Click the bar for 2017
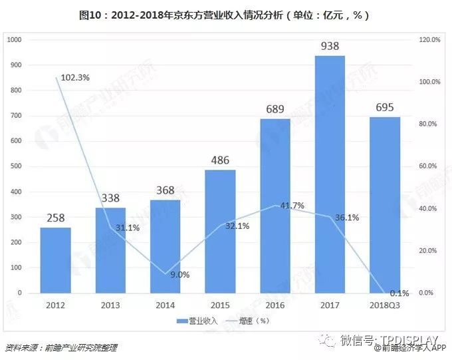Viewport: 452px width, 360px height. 330,174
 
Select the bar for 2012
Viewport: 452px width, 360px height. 55,260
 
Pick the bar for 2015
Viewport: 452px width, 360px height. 220,232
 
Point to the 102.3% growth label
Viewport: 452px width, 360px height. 75,77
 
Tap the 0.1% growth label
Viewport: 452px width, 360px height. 399,293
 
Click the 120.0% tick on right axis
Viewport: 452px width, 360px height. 431,40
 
